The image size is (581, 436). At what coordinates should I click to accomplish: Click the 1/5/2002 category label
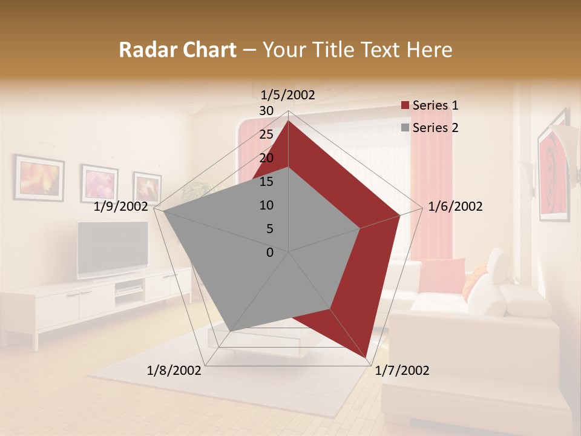click(x=288, y=95)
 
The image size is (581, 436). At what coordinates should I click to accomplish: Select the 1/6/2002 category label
click(x=455, y=206)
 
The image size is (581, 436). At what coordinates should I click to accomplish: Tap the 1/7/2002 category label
click(x=402, y=371)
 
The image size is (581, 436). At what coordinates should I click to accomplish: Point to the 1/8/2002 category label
click(x=174, y=371)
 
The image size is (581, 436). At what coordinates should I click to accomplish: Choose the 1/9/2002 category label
click(x=121, y=206)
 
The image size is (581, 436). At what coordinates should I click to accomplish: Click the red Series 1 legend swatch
click(x=405, y=106)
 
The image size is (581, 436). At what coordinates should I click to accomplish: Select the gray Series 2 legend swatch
click(x=405, y=128)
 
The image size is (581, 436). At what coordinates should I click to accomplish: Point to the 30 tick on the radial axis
click(x=266, y=111)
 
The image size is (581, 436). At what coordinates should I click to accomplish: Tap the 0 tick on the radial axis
click(x=270, y=253)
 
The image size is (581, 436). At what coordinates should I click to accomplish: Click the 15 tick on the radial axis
click(x=266, y=182)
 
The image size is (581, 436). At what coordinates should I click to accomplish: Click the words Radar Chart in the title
click(x=177, y=50)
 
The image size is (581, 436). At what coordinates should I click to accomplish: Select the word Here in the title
click(x=429, y=50)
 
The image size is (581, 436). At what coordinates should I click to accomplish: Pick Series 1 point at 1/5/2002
click(x=289, y=121)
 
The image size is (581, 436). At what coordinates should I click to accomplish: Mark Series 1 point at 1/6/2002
click(x=400, y=215)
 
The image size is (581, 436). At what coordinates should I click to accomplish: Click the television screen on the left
click(x=113, y=248)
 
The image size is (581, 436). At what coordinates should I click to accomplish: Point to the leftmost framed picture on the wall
click(x=39, y=178)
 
